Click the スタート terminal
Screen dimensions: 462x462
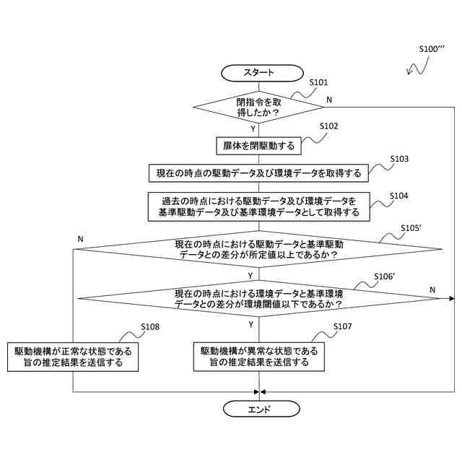click(x=258, y=72)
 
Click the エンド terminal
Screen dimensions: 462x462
click(x=258, y=409)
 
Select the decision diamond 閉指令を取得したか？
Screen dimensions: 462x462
click(x=258, y=107)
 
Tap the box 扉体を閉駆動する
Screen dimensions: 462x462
click(x=258, y=145)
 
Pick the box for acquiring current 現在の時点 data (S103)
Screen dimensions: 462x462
click(x=258, y=173)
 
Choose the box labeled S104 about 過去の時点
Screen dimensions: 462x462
click(x=258, y=206)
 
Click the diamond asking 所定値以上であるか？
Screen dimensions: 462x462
click(x=258, y=250)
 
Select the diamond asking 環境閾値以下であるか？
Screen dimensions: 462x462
click(x=258, y=298)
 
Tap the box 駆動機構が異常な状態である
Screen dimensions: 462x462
click(x=258, y=357)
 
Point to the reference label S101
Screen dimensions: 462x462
click(x=318, y=83)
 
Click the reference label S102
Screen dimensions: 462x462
click(x=329, y=126)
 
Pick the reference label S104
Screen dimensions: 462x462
click(x=399, y=196)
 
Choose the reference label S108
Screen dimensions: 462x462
click(x=151, y=327)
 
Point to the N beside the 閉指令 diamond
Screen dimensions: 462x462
click(x=329, y=99)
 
